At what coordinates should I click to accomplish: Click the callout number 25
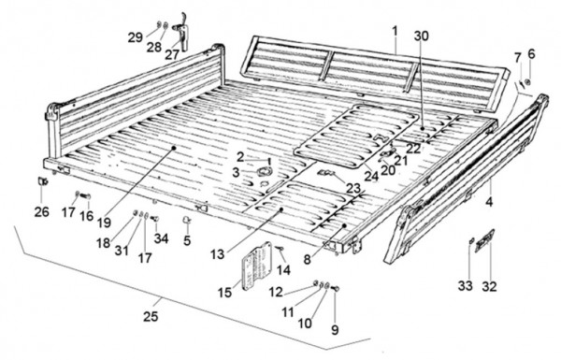point(151,316)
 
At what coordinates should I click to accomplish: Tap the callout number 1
point(395,31)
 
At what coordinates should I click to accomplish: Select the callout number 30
point(422,36)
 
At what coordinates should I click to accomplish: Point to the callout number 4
point(489,202)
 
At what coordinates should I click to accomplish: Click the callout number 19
point(104,223)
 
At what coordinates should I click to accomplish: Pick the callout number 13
point(217,254)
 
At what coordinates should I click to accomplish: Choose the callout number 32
point(489,286)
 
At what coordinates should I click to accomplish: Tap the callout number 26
point(41,212)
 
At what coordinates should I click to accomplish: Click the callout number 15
point(224,293)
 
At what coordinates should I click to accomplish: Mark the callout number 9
point(335,330)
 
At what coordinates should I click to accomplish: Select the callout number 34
point(161,238)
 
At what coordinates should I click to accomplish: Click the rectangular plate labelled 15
point(257,266)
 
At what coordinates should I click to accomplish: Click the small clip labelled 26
point(43,181)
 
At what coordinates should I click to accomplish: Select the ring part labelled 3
point(266,171)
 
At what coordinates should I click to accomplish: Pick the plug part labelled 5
point(187,219)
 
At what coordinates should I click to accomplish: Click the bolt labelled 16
point(86,196)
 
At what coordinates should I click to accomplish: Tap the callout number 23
point(353,188)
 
